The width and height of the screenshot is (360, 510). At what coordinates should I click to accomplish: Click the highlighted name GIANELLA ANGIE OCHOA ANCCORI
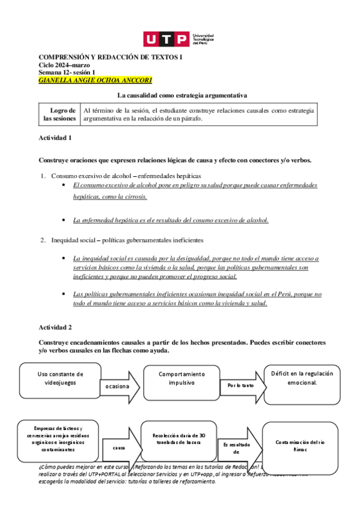pos(95,79)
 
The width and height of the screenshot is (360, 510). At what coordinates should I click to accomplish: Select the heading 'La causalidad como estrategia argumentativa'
pos(181,95)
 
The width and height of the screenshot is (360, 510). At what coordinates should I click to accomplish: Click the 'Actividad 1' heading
pos(55,138)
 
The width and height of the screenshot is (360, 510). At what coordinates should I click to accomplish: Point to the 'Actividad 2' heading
pos(55,327)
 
